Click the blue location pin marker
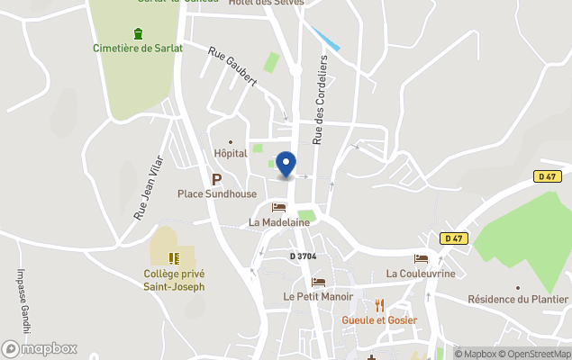286,165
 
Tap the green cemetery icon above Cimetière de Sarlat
137,34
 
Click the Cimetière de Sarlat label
137,49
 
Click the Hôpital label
231,154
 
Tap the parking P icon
216,179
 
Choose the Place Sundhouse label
217,193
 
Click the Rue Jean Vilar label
150,186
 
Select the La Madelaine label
278,222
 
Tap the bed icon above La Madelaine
278,208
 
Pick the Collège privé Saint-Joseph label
174,280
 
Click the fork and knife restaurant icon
379,305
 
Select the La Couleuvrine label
421,274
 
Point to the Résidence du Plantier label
518,300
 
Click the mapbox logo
40,348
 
